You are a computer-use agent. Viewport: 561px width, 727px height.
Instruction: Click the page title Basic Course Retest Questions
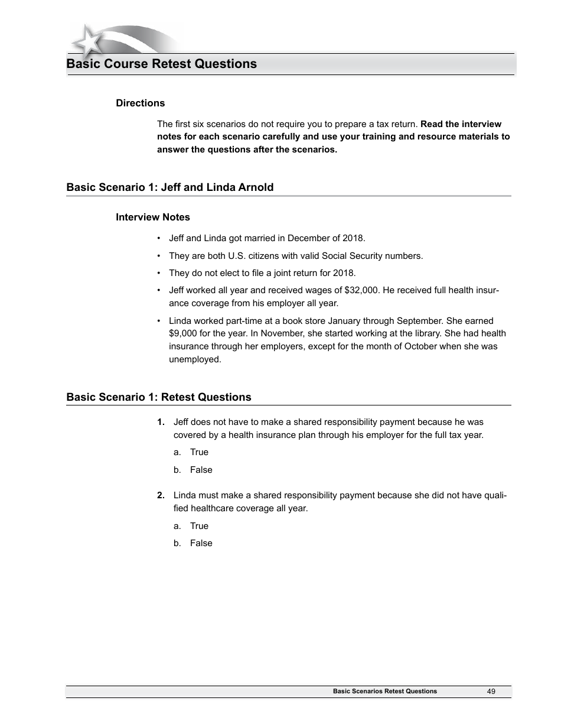[x=161, y=64]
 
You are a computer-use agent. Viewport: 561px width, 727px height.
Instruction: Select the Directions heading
[x=140, y=103]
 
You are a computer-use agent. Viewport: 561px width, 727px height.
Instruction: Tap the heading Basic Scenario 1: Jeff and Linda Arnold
[x=169, y=187]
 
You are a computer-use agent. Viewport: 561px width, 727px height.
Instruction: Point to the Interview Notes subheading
[x=152, y=217]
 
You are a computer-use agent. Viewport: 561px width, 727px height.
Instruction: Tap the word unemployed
[x=194, y=359]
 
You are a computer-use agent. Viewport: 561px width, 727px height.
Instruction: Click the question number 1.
[x=161, y=422]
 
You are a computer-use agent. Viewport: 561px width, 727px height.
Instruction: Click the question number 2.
[x=161, y=495]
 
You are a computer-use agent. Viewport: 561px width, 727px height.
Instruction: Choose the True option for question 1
[x=199, y=452]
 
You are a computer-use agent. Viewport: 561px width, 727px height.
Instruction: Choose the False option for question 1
[x=201, y=470]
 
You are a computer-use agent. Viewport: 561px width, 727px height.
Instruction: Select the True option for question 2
[x=199, y=526]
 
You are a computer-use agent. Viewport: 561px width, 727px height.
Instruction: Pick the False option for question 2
[x=201, y=543]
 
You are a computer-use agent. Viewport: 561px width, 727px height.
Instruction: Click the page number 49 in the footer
[x=491, y=691]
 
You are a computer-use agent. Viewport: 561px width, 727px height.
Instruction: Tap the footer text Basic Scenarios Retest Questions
[x=384, y=691]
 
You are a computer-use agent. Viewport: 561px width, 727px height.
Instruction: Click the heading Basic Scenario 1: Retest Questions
[x=158, y=397]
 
